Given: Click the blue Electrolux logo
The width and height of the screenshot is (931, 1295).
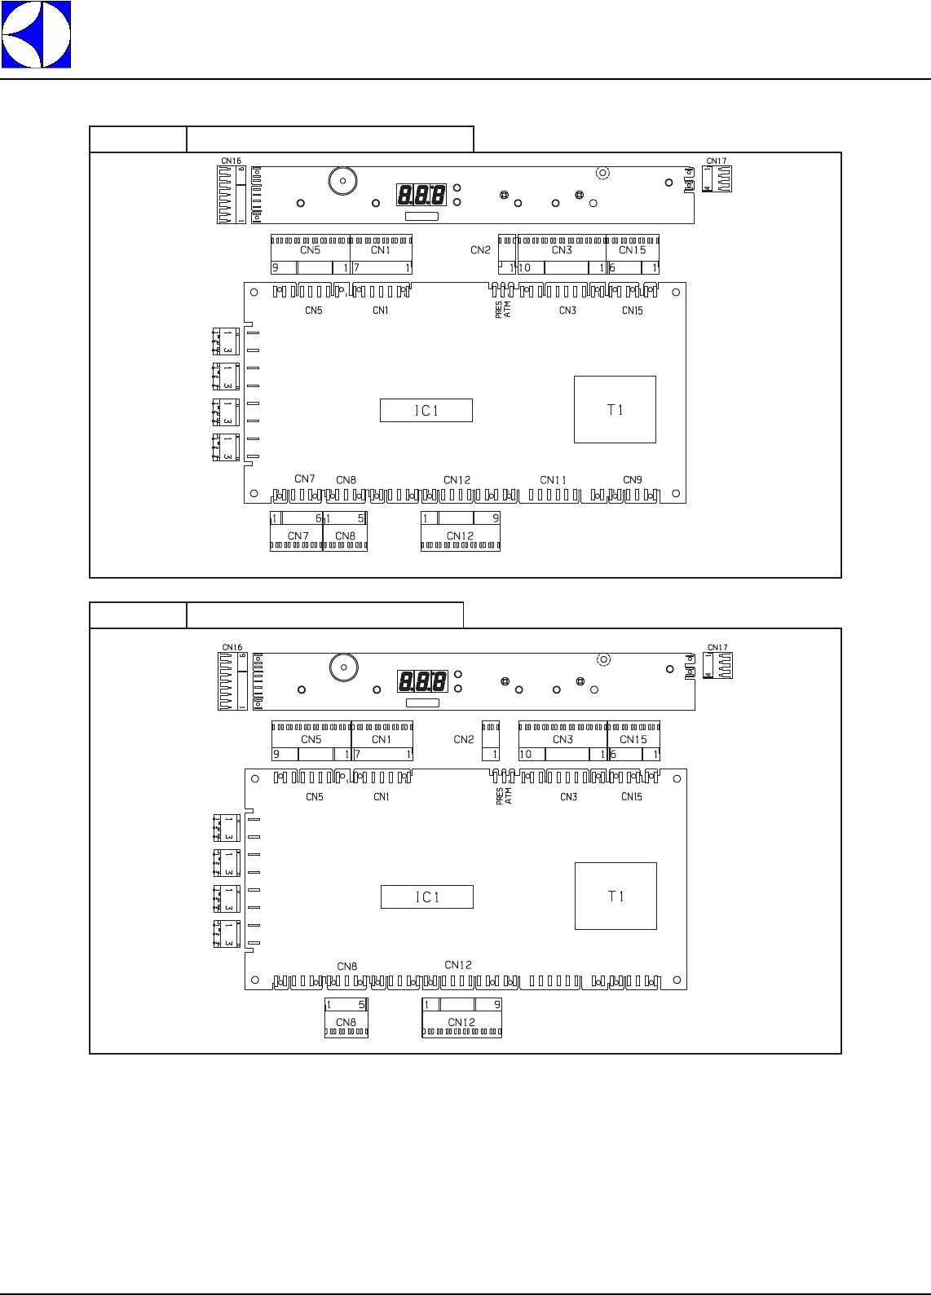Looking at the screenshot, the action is (x=36, y=34).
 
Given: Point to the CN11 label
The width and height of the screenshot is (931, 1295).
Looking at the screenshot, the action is (x=554, y=480).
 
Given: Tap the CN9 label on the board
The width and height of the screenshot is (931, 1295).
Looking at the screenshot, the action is (x=633, y=479).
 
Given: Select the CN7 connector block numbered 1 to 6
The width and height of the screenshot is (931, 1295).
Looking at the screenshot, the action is (x=297, y=531).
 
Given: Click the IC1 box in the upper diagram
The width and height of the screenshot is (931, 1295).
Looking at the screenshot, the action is (x=426, y=411).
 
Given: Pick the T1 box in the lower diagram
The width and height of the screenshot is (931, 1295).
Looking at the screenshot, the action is (x=616, y=896).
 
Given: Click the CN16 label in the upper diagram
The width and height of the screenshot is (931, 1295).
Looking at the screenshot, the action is (x=232, y=161).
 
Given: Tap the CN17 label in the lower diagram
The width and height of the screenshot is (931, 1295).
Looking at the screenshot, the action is (x=717, y=648).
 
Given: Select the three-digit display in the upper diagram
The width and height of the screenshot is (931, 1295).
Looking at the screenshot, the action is (x=421, y=196).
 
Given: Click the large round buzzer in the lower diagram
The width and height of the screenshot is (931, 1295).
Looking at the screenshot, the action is (x=344, y=667).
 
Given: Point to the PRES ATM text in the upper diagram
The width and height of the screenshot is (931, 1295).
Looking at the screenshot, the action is (x=503, y=309).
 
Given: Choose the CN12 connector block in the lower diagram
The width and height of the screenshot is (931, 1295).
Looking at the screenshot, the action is (x=461, y=1017).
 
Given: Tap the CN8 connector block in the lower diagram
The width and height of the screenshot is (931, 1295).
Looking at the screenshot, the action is (x=346, y=1017).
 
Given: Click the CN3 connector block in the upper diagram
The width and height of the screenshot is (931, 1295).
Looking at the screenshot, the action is (x=562, y=254).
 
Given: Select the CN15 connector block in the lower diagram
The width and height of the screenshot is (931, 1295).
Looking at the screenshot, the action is (x=633, y=741).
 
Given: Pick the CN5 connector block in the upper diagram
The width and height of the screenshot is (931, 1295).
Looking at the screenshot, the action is (x=311, y=254).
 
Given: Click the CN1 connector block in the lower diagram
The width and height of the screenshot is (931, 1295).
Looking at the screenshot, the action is (x=382, y=741).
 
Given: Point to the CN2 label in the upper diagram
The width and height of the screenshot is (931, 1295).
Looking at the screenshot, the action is (x=480, y=250).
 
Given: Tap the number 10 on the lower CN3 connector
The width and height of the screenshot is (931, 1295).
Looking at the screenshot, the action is (x=526, y=755).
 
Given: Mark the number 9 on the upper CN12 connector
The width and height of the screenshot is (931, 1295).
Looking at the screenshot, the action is (x=495, y=518).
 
